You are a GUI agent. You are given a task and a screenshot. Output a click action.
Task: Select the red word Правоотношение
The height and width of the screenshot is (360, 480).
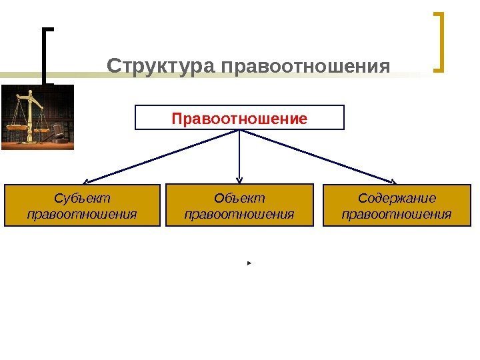click(x=239, y=119)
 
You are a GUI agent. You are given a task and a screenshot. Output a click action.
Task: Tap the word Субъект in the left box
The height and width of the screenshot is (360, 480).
click(x=82, y=199)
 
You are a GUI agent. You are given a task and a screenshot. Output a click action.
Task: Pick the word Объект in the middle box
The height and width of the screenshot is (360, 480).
click(x=239, y=199)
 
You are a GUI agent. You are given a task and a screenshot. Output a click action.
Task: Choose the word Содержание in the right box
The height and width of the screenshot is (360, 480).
click(x=397, y=199)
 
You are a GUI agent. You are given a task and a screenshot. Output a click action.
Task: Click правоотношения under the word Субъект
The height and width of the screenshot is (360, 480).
click(x=82, y=215)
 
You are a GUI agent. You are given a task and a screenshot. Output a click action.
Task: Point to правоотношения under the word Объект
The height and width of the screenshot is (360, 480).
click(x=239, y=215)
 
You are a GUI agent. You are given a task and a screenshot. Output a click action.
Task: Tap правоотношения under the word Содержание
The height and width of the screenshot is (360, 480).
click(x=397, y=215)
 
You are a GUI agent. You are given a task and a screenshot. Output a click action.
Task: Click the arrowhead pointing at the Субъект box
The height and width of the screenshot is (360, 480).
click(x=87, y=181)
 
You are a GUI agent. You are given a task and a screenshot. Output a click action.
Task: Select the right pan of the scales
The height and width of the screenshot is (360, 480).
click(x=41, y=130)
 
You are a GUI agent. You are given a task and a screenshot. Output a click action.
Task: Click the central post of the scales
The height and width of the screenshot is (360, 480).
click(x=29, y=117)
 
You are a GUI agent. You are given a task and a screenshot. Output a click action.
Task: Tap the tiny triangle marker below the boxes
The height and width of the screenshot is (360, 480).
click(x=248, y=265)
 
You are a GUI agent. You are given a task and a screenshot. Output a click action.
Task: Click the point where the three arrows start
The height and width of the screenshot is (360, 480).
click(x=239, y=130)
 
